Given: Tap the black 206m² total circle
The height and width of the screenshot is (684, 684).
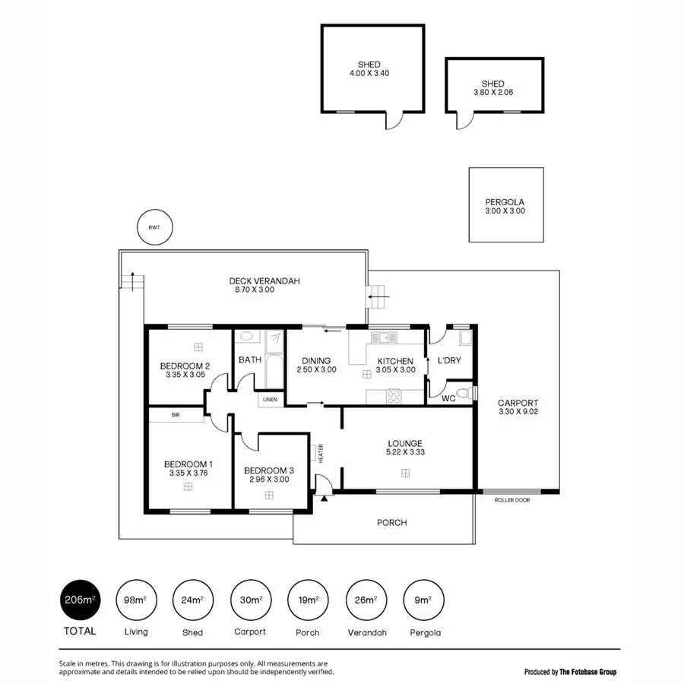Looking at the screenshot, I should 78,600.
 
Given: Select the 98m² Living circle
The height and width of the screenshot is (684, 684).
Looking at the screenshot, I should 136,600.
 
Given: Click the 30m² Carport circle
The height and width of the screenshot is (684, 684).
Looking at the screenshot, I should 250,600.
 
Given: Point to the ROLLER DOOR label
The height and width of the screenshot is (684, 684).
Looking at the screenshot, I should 511,500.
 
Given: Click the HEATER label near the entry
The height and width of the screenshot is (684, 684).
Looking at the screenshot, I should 320,454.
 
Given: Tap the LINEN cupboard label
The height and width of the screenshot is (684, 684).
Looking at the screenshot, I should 271,399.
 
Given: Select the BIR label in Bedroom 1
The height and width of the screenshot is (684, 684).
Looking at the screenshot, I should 176,415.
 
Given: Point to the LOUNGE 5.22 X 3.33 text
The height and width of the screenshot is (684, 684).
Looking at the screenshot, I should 404,448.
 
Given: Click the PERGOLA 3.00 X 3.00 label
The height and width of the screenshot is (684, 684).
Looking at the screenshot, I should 505,206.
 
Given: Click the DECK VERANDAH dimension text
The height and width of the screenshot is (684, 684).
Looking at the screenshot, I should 264,290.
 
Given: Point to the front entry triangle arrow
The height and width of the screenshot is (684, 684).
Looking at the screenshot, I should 325,499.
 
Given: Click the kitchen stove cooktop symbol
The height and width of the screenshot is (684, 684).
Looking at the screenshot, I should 394,394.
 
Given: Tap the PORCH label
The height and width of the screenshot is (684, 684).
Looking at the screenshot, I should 391,522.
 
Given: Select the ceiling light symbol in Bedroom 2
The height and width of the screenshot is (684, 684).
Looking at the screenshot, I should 198,347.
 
